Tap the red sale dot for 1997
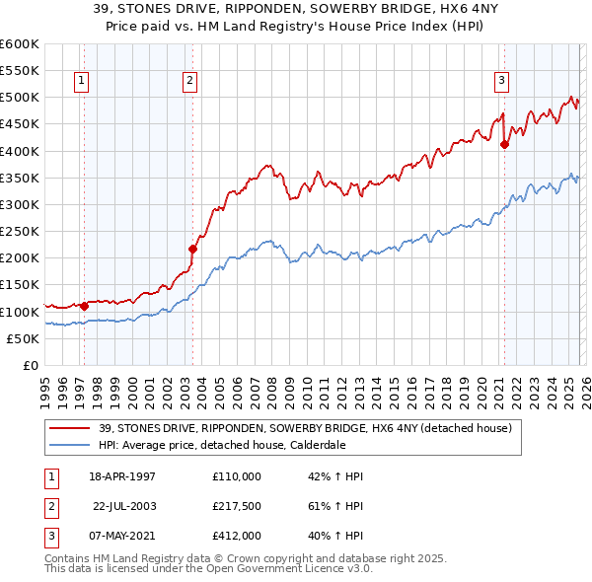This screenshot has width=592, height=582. (x=84, y=306)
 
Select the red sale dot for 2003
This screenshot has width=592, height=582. (x=192, y=249)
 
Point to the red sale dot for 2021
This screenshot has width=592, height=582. (x=504, y=144)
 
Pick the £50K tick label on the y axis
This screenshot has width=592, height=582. (x=23, y=338)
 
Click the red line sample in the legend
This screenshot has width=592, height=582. (x=70, y=429)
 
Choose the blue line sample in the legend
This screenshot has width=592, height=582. (x=70, y=445)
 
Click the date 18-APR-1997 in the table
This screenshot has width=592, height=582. (x=122, y=475)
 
